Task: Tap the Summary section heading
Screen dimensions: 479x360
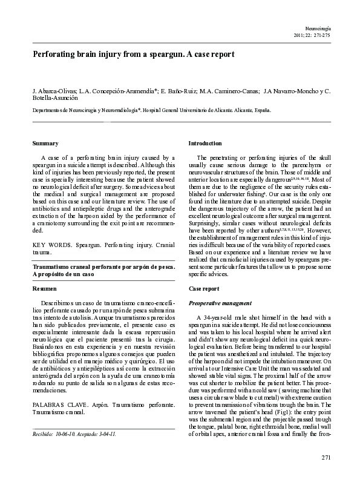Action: point(45,143)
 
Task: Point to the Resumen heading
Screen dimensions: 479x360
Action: point(45,289)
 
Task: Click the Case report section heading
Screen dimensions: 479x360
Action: point(204,289)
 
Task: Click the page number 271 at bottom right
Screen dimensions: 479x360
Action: point(326,457)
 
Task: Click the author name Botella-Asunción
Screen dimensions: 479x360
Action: point(57,99)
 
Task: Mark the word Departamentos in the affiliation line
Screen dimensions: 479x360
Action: point(50,111)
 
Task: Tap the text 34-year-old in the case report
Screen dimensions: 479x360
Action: point(217,318)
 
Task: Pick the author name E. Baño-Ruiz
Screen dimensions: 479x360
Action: point(178,91)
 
